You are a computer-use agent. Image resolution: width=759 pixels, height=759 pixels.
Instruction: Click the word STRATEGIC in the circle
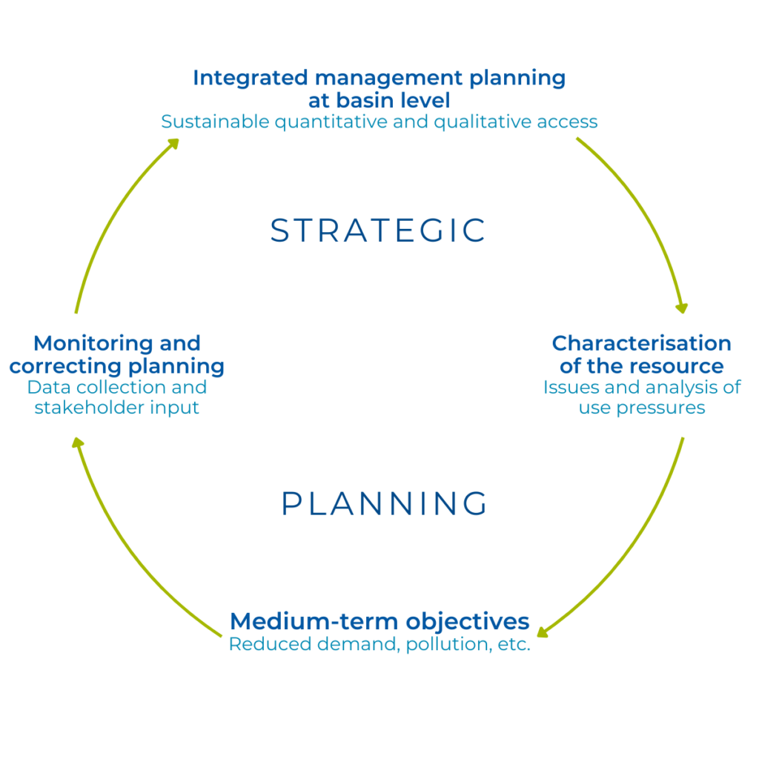click(x=378, y=231)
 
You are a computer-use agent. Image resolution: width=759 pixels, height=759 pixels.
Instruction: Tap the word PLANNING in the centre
click(x=385, y=504)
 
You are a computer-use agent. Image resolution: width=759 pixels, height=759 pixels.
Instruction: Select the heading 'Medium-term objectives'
click(x=379, y=620)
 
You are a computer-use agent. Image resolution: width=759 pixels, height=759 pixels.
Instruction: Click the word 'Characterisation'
click(x=642, y=344)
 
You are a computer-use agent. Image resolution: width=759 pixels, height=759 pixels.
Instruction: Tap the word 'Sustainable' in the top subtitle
click(x=216, y=122)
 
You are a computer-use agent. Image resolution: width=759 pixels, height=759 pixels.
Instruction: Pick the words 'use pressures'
click(x=642, y=408)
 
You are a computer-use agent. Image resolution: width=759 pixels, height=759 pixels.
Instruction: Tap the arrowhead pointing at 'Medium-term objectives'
click(x=543, y=632)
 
